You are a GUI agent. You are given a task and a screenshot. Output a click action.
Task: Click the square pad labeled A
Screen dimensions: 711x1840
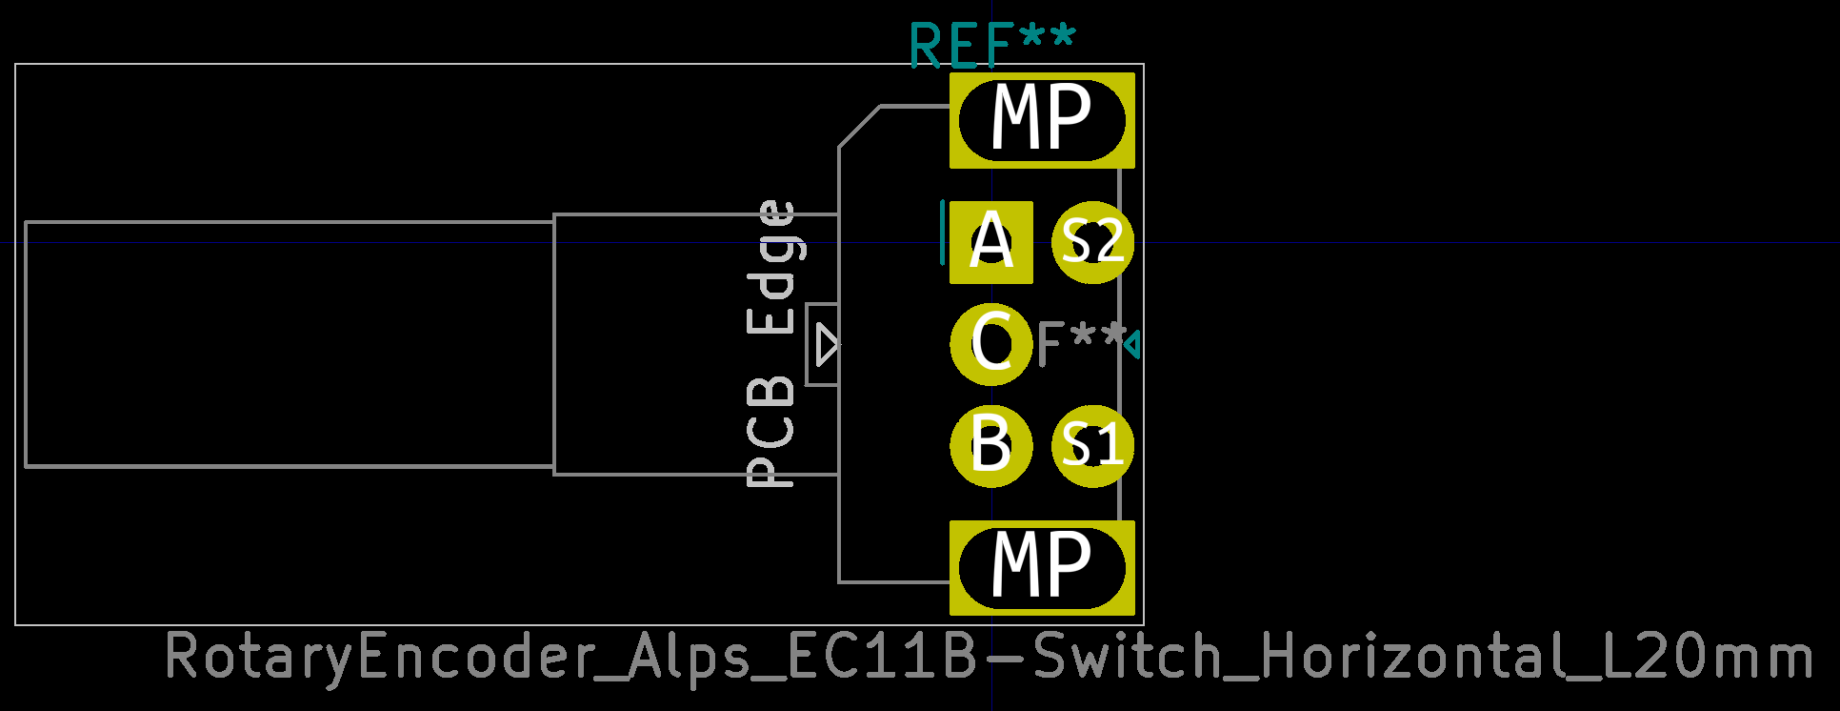(990, 242)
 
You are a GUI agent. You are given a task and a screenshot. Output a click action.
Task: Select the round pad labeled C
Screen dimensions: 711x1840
(990, 343)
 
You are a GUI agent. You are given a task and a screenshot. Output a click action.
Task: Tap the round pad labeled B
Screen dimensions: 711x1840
(990, 445)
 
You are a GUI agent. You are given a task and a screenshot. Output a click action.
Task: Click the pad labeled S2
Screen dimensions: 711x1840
(1092, 242)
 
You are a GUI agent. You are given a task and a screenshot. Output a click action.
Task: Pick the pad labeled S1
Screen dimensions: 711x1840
(1092, 445)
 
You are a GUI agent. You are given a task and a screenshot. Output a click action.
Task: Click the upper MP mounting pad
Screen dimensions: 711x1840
(1042, 120)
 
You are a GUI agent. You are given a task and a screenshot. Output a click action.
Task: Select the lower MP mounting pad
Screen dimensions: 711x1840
(1042, 568)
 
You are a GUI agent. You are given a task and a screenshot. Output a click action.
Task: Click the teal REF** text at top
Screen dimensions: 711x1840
(991, 46)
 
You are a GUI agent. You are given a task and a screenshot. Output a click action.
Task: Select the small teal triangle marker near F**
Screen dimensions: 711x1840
(1132, 344)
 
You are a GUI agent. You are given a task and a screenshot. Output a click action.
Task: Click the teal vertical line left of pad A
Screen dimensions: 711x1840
(943, 233)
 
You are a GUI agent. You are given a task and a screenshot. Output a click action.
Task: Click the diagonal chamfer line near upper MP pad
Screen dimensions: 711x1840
(859, 127)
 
